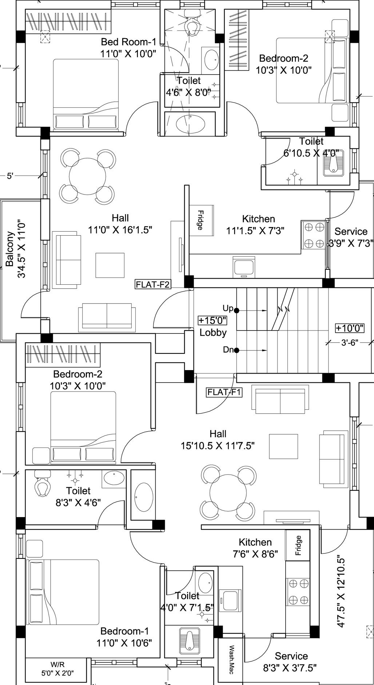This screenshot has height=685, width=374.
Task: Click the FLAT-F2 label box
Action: point(153,284)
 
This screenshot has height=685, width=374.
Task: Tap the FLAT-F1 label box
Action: point(224,392)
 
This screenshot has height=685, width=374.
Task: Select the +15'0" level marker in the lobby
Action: point(212,320)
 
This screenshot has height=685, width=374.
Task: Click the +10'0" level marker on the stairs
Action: point(350,328)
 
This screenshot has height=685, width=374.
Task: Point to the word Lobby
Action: point(213,333)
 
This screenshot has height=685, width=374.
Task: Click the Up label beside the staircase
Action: point(228,308)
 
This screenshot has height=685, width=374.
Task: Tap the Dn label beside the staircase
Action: point(228,350)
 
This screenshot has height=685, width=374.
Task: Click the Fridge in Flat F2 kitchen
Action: point(201,220)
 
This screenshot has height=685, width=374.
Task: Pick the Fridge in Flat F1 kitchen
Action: point(298,545)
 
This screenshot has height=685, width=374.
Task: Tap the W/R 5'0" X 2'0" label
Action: point(57,669)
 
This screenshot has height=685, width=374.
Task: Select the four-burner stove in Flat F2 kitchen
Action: point(314,235)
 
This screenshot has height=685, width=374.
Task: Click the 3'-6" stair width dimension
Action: point(350,342)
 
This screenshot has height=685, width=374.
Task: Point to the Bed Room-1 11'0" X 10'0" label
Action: point(128,48)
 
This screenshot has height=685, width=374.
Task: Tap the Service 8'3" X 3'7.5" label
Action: point(290,662)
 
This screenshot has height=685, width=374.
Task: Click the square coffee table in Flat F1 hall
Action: point(283,446)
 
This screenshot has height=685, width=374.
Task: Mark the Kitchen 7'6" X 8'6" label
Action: point(255,548)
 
